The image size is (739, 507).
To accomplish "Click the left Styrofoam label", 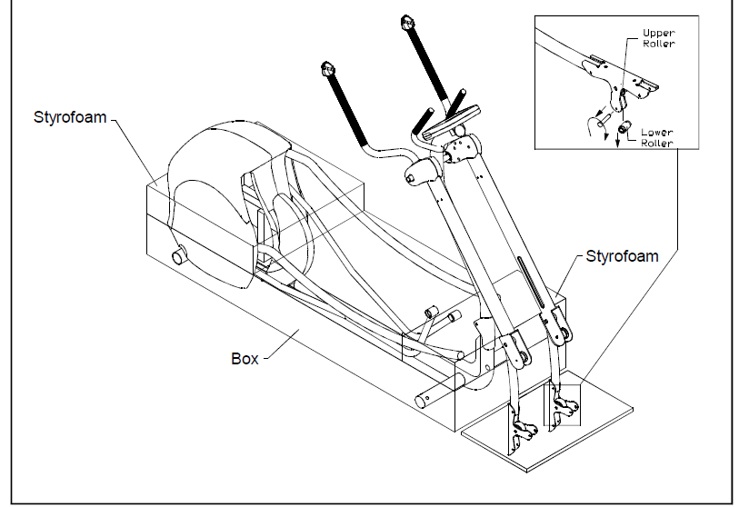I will pos(72,118).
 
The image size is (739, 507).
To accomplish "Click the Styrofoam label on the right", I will pos(623,256).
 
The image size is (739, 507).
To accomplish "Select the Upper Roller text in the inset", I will pos(658,38).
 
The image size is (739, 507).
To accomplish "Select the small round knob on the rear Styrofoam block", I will pos(176,255).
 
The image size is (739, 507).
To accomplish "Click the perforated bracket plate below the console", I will pos(464,144).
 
